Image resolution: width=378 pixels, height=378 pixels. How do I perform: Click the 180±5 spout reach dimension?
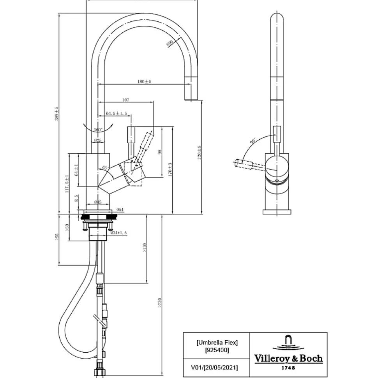click(145, 81)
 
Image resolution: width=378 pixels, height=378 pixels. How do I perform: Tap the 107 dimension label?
click(125, 100)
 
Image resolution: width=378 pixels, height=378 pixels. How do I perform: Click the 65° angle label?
click(104, 168)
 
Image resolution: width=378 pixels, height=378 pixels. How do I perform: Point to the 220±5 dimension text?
click(199, 153)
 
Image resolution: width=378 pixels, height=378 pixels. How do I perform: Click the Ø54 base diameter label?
click(120, 210)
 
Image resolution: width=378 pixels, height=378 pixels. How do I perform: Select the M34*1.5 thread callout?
click(118, 232)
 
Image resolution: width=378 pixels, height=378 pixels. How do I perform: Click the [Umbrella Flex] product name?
click(216, 343)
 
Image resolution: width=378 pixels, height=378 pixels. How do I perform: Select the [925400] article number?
click(216, 350)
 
